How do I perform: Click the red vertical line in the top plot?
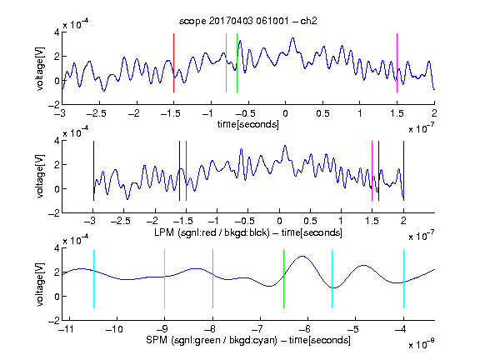[173, 62]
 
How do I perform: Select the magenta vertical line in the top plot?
[397, 62]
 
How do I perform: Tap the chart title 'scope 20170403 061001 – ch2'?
[248, 21]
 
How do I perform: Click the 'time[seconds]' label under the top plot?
[248, 124]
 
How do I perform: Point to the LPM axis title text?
[248, 232]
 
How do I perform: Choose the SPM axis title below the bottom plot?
[248, 340]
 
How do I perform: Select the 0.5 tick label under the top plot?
[322, 113]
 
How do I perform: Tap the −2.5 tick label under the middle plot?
[121, 221]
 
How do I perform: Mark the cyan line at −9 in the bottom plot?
[165, 278]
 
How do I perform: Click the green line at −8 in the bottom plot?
[212, 278]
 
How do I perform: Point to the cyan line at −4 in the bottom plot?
[404, 278]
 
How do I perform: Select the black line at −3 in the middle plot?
[93, 171]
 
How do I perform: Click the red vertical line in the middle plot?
[186, 171]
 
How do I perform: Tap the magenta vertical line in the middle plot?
[372, 171]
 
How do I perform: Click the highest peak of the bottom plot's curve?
[302, 256]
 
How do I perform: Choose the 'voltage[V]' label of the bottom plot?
[40, 284]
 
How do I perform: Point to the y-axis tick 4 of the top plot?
[57, 32]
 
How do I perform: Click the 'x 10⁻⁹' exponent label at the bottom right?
[422, 344]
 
